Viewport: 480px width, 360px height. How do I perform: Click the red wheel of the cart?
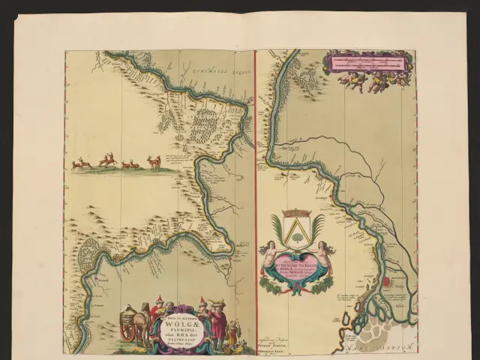pos(127,332)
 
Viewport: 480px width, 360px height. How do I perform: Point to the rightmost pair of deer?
pos(154,161)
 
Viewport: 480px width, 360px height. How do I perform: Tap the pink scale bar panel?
pos(367,62)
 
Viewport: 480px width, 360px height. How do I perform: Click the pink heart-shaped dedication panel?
pos(296,271)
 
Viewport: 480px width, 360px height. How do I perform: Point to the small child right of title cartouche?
pos(232,330)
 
